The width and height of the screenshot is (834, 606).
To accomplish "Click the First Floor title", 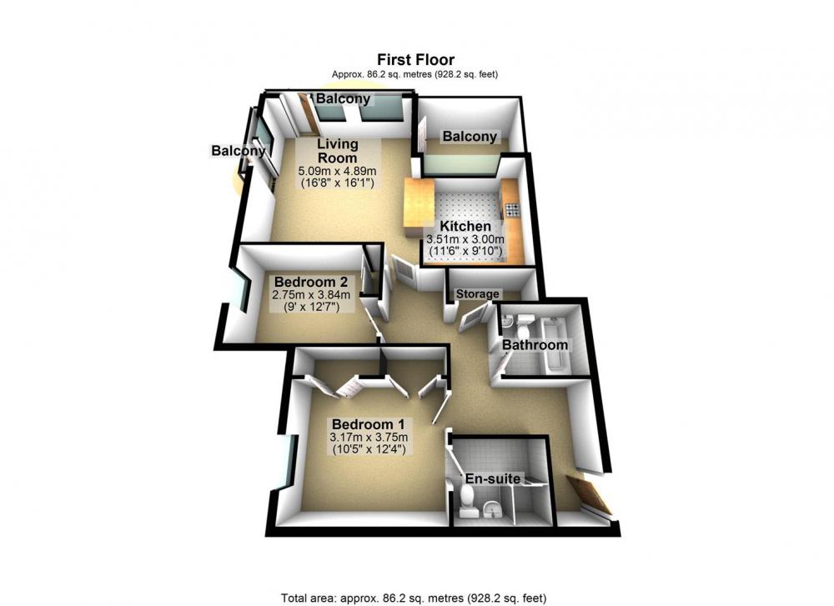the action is (416, 59).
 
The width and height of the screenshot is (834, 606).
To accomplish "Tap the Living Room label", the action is (338, 151).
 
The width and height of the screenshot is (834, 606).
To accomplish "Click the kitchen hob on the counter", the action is (513, 209).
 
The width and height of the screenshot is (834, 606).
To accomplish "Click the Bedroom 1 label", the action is (369, 424).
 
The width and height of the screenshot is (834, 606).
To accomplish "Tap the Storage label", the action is (478, 294).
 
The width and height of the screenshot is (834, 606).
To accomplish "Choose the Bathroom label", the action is (535, 345).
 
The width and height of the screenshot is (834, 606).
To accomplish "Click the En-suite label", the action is (493, 478).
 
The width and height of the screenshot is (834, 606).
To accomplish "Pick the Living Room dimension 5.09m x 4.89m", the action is (337, 171).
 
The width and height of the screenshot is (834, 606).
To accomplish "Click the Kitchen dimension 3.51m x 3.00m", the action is (465, 239).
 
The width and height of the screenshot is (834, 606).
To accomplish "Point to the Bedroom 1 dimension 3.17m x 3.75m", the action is (369, 438).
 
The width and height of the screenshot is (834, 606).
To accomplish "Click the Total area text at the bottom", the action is (414, 598).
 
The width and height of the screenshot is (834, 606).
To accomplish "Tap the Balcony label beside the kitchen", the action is (470, 137).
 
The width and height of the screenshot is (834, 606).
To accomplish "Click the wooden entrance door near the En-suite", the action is (590, 495).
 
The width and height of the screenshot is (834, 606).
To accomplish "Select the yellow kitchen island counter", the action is (420, 208).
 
